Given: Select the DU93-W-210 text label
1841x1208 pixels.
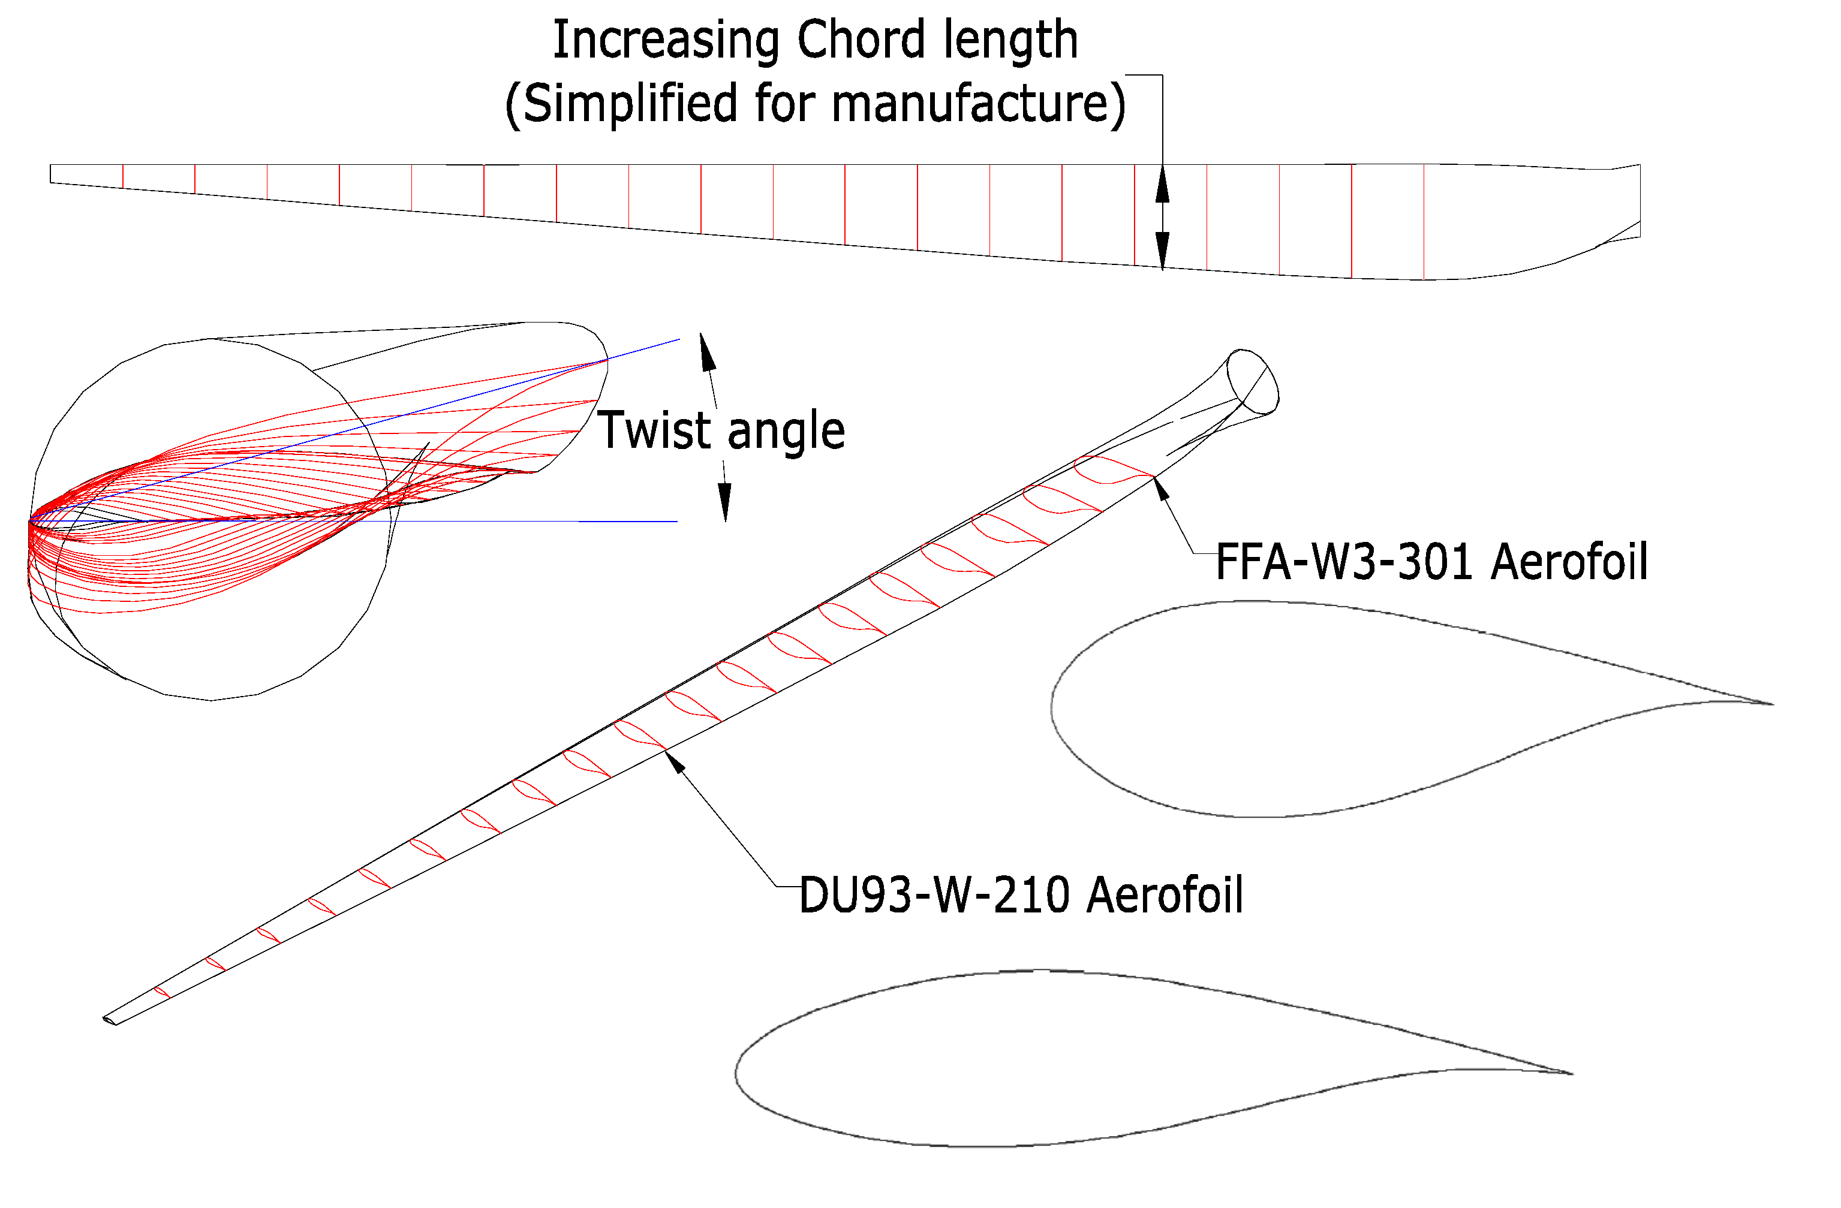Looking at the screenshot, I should [x=935, y=896].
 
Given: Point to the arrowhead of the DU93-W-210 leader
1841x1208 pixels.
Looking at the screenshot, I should [x=675, y=762].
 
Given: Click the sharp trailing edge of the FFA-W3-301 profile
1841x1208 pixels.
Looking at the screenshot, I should [x=1771, y=704].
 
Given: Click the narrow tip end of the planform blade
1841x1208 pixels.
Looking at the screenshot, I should [x=52, y=174].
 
